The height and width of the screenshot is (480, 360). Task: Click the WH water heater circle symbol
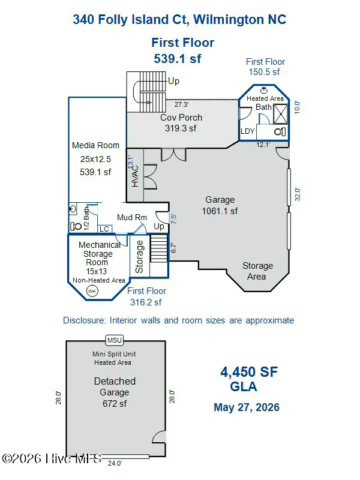[92, 291]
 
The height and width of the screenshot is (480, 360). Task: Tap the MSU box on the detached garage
[115, 340]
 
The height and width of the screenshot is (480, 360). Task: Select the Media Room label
[95, 145]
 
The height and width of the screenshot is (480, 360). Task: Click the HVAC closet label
[135, 176]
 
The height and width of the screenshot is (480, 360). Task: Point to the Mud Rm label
[132, 217]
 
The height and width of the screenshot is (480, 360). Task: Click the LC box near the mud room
[104, 229]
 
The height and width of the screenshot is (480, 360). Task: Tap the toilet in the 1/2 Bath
[76, 226]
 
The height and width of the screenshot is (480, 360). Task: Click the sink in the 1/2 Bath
[73, 209]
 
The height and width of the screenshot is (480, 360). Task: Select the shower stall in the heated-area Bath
[280, 113]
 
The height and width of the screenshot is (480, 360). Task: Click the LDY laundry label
[247, 131]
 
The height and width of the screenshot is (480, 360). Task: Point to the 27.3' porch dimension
[181, 104]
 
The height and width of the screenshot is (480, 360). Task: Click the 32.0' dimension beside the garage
[297, 194]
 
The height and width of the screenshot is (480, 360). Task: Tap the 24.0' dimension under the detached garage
[115, 463]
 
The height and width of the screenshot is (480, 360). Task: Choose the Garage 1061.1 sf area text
[220, 205]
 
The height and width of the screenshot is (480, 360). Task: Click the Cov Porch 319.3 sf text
[181, 123]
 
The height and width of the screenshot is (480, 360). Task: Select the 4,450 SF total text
[249, 372]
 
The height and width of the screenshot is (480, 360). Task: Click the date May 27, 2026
[247, 407]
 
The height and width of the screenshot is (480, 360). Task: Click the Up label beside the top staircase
[173, 81]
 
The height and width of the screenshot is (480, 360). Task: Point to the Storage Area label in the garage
[257, 271]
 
